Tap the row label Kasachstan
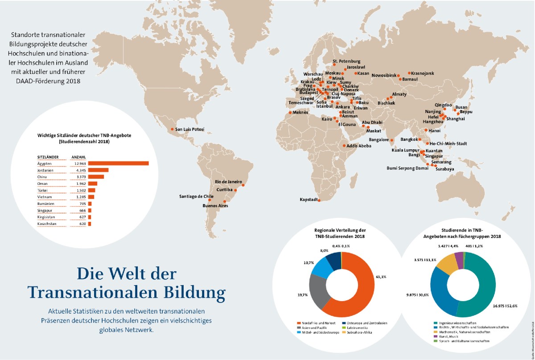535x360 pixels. click(46, 224)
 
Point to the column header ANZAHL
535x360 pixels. click(79, 157)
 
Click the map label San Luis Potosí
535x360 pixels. click(189, 130)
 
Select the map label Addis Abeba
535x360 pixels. click(359, 146)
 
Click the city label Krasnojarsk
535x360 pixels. click(423, 73)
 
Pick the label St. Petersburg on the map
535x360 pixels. click(346, 61)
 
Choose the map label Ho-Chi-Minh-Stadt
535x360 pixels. click(448, 144)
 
